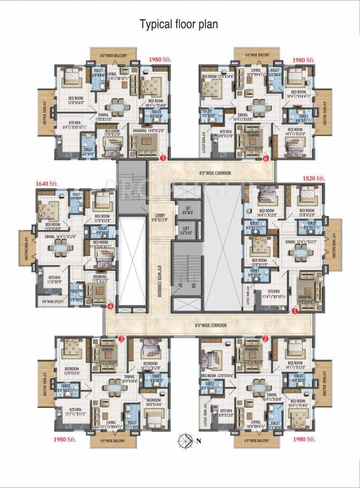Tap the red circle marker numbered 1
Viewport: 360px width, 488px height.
pyautogui.click(x=295, y=311)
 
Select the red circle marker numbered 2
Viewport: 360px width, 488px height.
pyautogui.click(x=265, y=339)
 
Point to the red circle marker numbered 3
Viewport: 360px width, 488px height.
pyautogui.click(x=121, y=339)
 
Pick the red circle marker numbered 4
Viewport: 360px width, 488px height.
pyautogui.click(x=110, y=306)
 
